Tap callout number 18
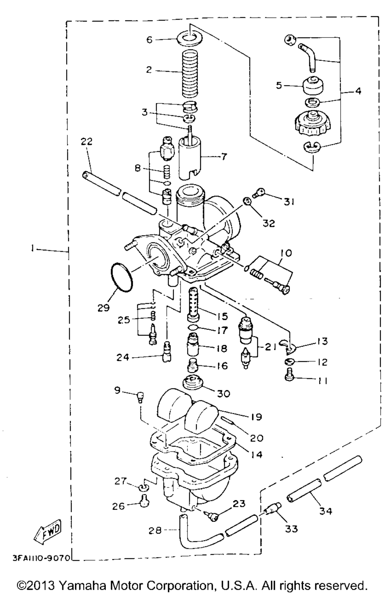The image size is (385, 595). pyautogui.click(x=221, y=348)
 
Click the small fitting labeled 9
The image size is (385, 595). pyautogui.click(x=141, y=398)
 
